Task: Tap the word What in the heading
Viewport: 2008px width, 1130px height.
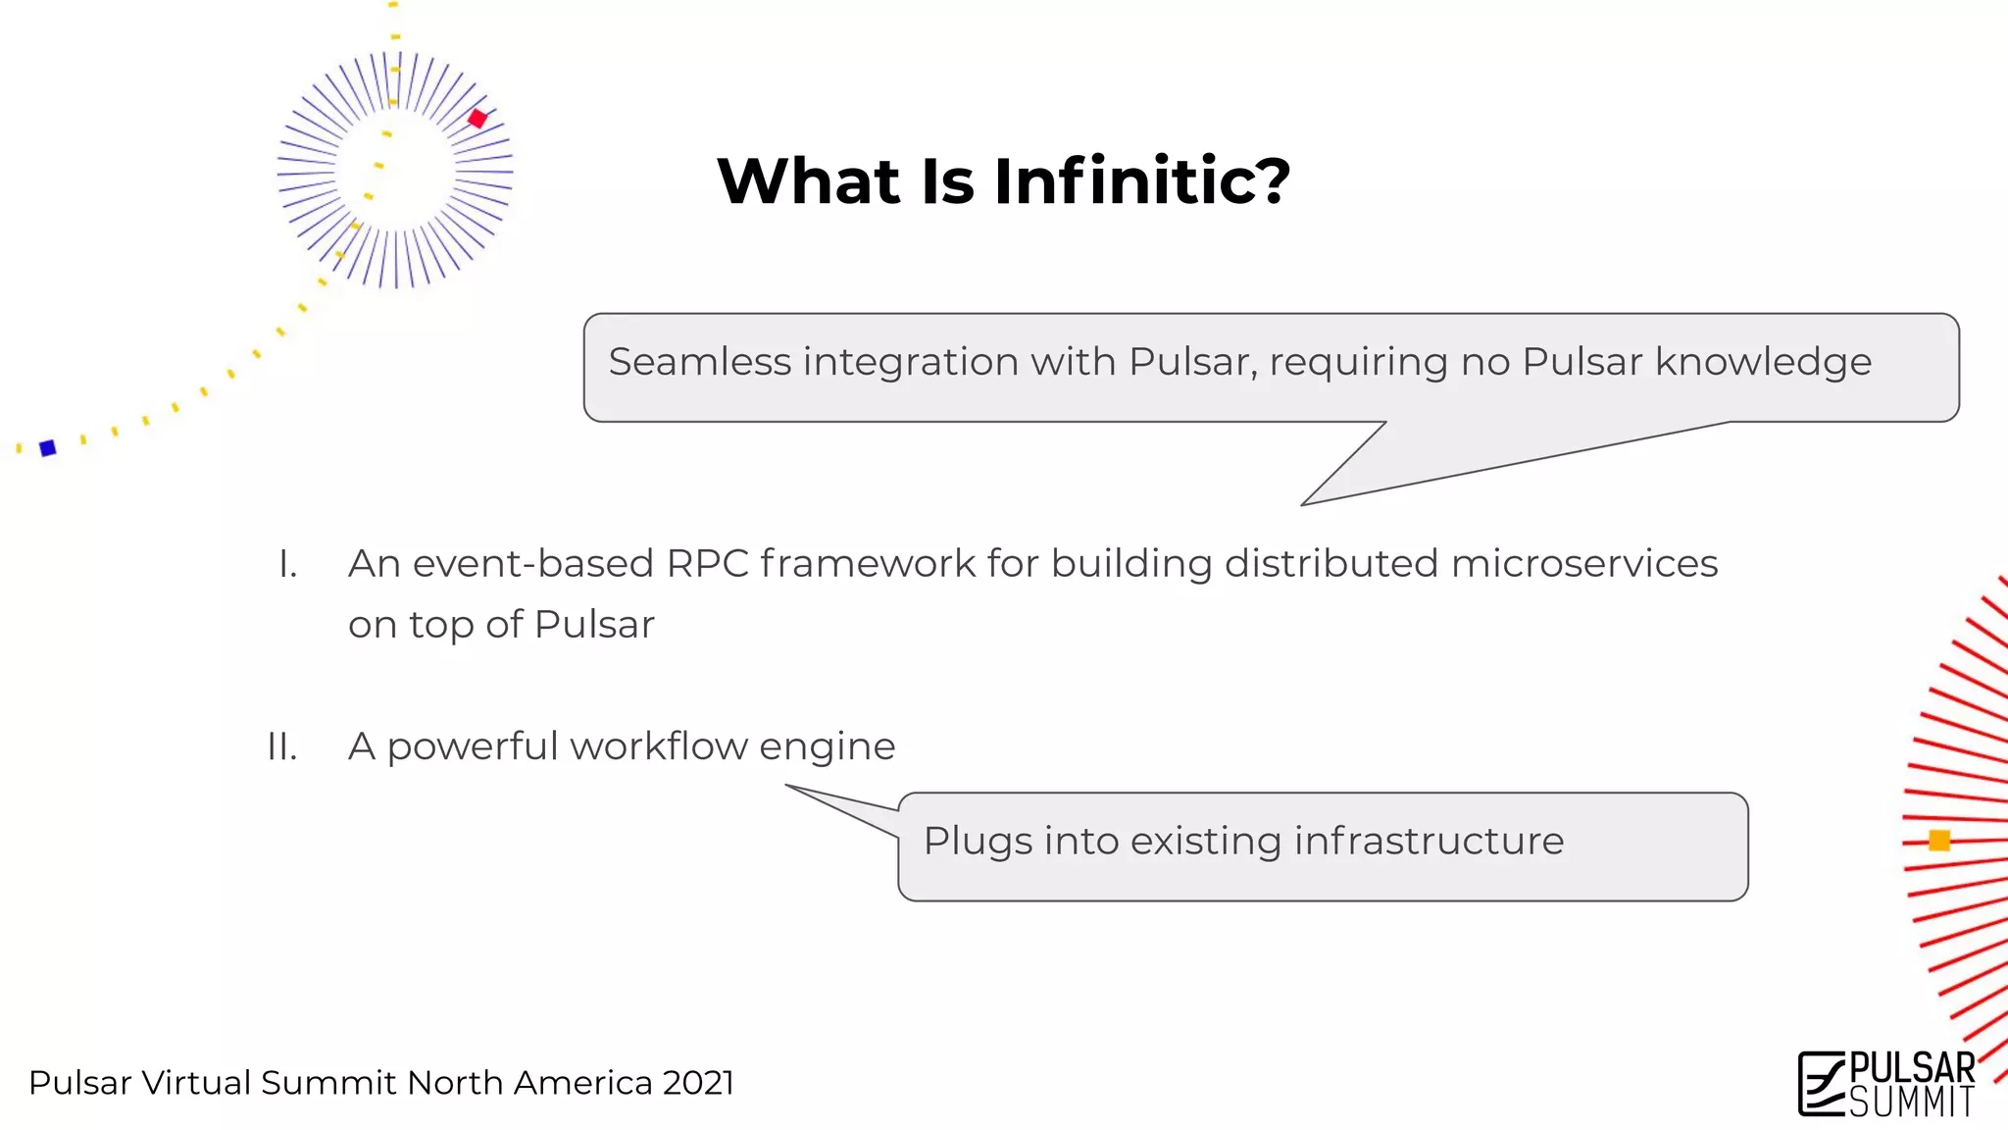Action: click(808, 181)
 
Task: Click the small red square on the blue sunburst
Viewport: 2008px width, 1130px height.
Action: click(477, 119)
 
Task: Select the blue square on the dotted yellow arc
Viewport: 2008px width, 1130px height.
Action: click(47, 448)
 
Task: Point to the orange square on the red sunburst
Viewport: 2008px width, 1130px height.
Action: click(1939, 841)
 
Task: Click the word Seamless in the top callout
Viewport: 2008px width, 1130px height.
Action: click(699, 362)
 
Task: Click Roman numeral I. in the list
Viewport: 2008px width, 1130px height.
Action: click(287, 564)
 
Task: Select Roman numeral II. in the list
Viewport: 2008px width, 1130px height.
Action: click(282, 746)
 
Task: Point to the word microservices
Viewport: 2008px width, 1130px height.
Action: click(1583, 564)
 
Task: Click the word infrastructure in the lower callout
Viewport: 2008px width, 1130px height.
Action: click(1429, 841)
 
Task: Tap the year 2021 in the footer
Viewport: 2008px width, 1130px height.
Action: click(698, 1083)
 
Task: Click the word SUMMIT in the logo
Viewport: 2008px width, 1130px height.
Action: click(1911, 1103)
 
